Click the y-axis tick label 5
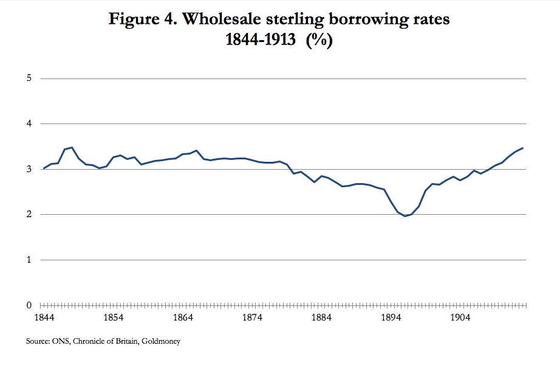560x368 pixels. [29, 78]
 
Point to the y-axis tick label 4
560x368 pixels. [29, 124]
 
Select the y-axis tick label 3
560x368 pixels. [29, 169]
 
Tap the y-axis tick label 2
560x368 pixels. [29, 215]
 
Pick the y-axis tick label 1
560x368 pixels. [29, 260]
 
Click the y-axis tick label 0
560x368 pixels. [29, 305]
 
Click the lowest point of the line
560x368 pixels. [405, 216]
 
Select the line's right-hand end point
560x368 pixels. [522, 148]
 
